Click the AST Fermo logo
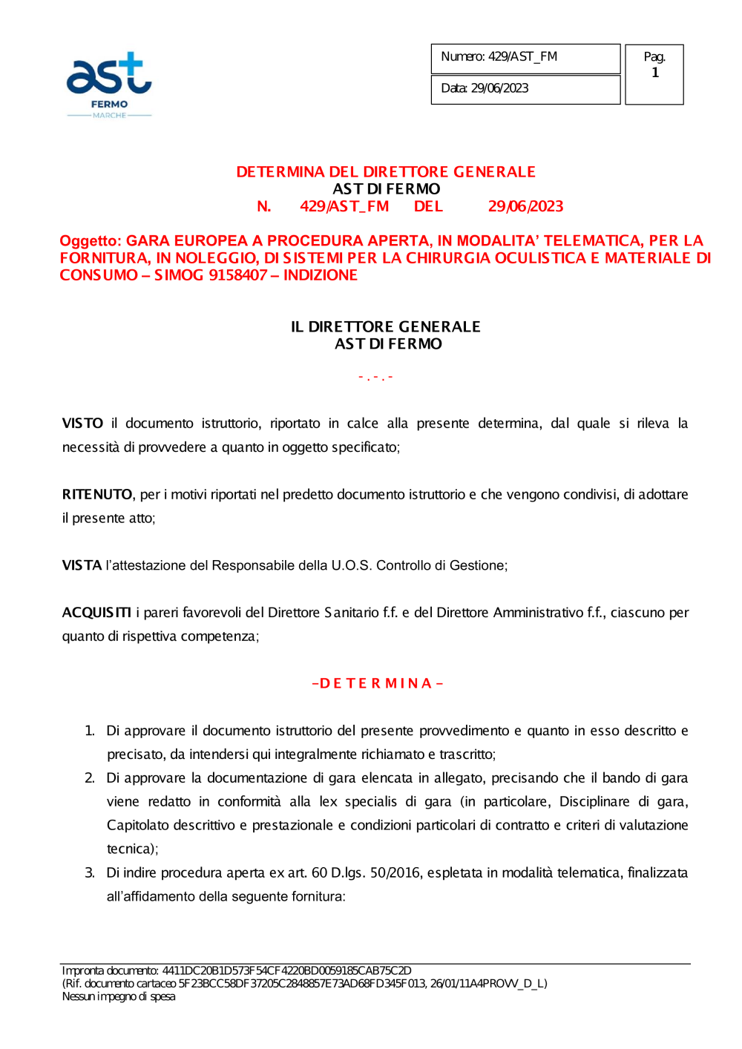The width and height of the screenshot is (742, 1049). pyautogui.click(x=109, y=84)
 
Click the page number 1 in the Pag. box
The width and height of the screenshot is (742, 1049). pyautogui.click(x=655, y=73)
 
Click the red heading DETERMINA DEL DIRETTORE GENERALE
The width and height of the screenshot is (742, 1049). pyautogui.click(x=386, y=172)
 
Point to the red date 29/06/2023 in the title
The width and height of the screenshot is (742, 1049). pyautogui.click(x=525, y=207)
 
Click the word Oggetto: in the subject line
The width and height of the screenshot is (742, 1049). pyautogui.click(x=91, y=241)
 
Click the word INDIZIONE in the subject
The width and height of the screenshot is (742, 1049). pyautogui.click(x=321, y=275)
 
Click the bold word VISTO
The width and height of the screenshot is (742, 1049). pyautogui.click(x=82, y=424)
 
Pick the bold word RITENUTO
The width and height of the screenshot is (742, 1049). pyautogui.click(x=97, y=495)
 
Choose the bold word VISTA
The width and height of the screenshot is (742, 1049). pyautogui.click(x=82, y=566)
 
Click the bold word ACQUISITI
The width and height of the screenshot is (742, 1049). pyautogui.click(x=96, y=613)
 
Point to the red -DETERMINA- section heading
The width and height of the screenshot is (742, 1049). pyautogui.click(x=378, y=683)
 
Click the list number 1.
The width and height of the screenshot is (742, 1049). pyautogui.click(x=90, y=731)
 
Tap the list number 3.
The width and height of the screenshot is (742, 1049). pyautogui.click(x=90, y=873)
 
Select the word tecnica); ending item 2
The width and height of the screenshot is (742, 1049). pyautogui.click(x=133, y=849)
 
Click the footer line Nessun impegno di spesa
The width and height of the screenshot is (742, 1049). pyautogui.click(x=119, y=997)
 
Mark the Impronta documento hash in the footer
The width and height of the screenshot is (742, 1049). pyautogui.click(x=286, y=971)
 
